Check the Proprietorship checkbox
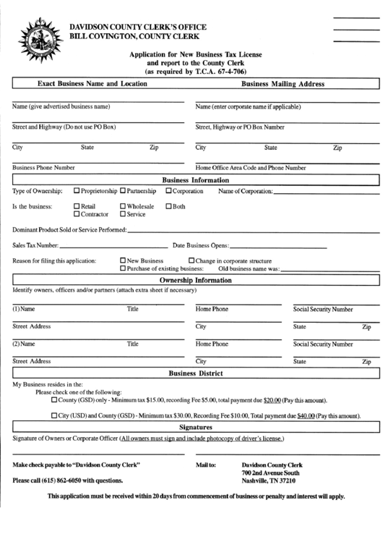[77, 191]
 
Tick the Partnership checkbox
[123, 191]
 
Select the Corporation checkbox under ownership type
[168, 191]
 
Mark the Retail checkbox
[77, 206]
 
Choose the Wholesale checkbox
[123, 206]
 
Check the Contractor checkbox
[77, 214]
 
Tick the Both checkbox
[168, 206]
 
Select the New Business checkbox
[123, 261]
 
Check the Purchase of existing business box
[123, 268]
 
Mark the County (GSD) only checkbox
[54, 399]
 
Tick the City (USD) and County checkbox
[54, 415]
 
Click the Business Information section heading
[195, 180]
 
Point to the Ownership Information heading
[195, 280]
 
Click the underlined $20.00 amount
[272, 400]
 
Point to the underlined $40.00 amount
[306, 416]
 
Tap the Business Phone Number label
[44, 167]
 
